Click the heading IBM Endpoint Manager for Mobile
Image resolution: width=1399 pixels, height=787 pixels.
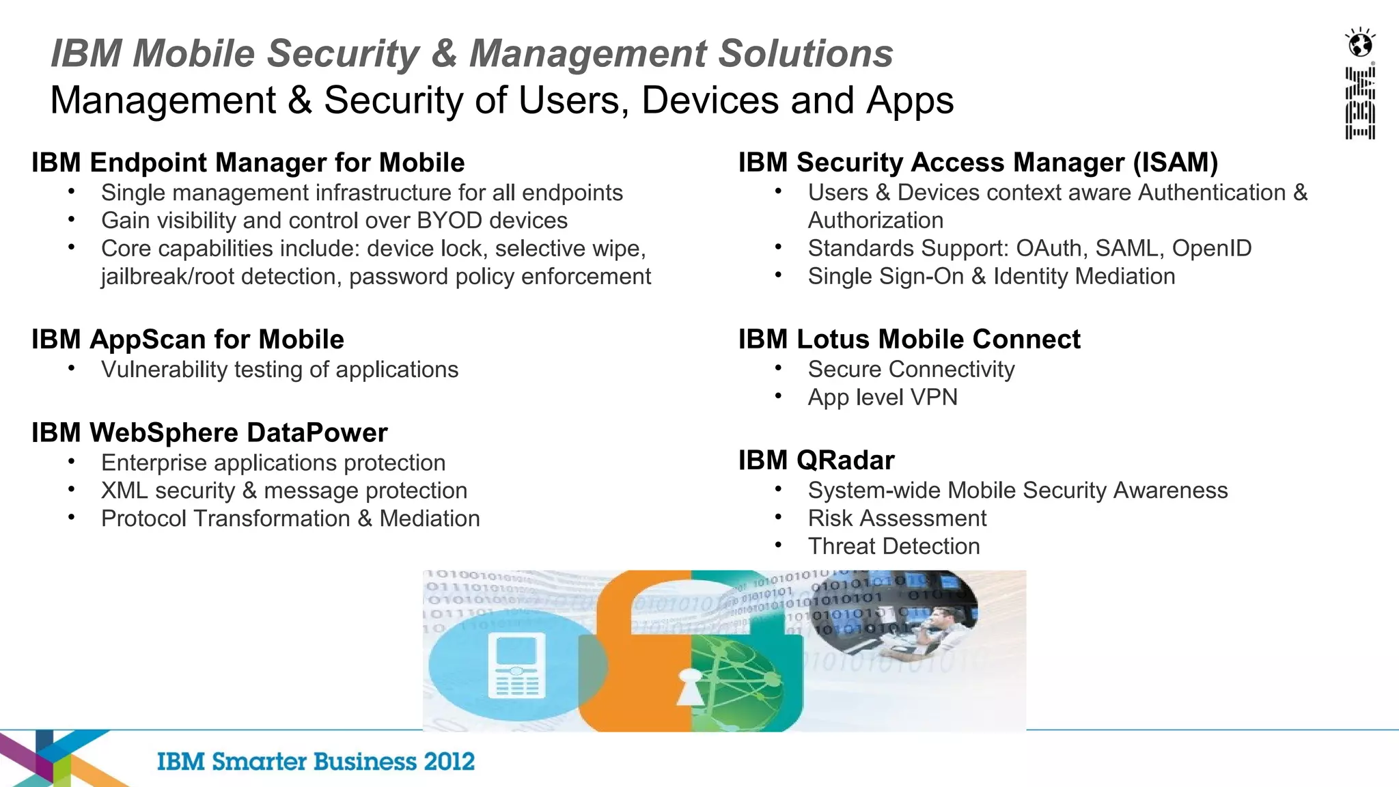tap(248, 163)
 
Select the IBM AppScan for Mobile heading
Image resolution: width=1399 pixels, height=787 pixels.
tap(188, 340)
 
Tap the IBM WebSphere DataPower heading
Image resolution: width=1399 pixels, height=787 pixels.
tap(210, 432)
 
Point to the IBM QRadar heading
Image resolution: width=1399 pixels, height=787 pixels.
tap(816, 460)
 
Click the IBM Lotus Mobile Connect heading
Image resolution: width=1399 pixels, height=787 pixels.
tap(909, 340)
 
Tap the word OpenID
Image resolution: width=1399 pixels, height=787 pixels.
tap(1212, 248)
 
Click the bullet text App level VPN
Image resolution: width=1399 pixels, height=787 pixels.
tap(883, 397)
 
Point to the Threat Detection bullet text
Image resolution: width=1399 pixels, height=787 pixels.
tap(894, 547)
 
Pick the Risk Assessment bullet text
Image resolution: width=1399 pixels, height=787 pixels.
tap(897, 519)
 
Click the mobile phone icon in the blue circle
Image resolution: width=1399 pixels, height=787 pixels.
tap(519, 665)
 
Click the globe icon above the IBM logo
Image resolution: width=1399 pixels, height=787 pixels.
tap(1360, 44)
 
